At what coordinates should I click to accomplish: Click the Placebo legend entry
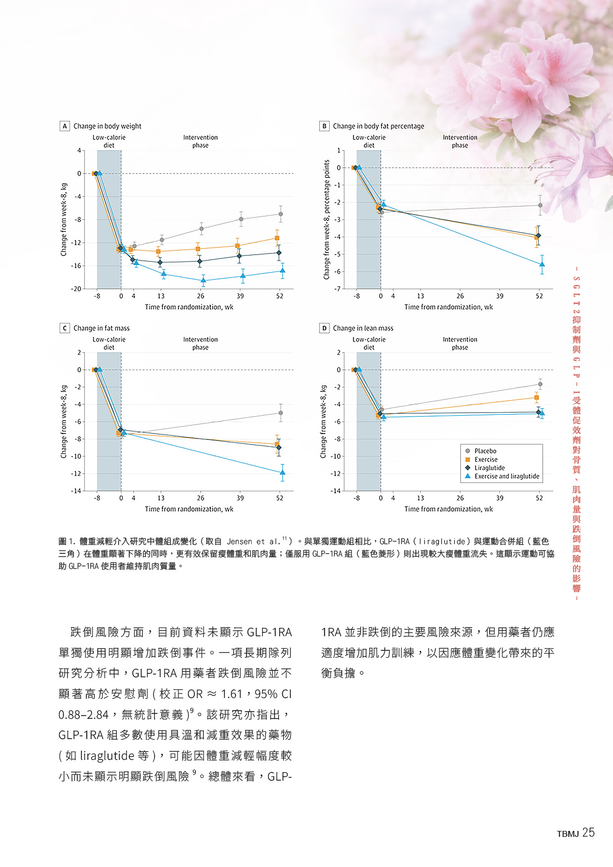pyautogui.click(x=485, y=451)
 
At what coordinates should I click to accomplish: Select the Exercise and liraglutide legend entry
pyautogui.click(x=506, y=477)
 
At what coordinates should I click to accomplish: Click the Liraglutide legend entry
pyautogui.click(x=489, y=468)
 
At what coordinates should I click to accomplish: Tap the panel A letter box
pyautogui.click(x=65, y=126)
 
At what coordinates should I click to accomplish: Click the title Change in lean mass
pyautogui.click(x=363, y=328)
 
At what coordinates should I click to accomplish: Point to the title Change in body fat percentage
pyautogui.click(x=378, y=126)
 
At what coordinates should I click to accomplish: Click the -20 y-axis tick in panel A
pyautogui.click(x=76, y=289)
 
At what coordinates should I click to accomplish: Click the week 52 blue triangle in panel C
pyautogui.click(x=282, y=473)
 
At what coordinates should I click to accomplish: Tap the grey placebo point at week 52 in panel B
pyautogui.click(x=540, y=205)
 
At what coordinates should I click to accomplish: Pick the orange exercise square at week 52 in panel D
pyautogui.click(x=536, y=397)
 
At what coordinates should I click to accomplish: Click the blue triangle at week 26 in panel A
pyautogui.click(x=203, y=280)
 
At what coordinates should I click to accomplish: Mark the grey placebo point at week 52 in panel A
pyautogui.click(x=280, y=214)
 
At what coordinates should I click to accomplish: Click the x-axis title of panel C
pyautogui.click(x=189, y=509)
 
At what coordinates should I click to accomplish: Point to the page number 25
pyautogui.click(x=588, y=833)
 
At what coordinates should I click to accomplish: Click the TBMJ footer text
pyautogui.click(x=568, y=834)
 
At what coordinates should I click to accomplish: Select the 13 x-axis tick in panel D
pyautogui.click(x=420, y=498)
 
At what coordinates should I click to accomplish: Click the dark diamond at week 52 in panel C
pyautogui.click(x=279, y=447)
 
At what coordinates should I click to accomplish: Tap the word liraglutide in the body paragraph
pyautogui.click(x=107, y=756)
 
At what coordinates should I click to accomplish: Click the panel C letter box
pyautogui.click(x=65, y=328)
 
